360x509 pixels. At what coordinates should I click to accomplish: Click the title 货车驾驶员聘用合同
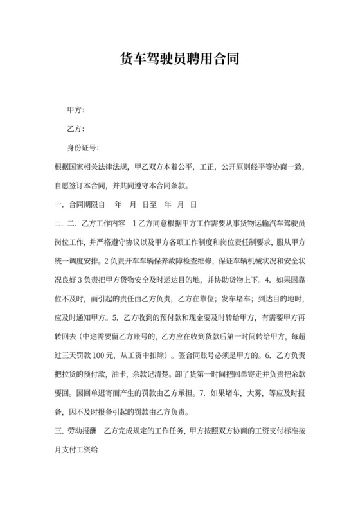click(180, 60)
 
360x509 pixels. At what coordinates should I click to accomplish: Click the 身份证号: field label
click(83, 147)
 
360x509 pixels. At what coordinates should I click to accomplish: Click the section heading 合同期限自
click(83, 205)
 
